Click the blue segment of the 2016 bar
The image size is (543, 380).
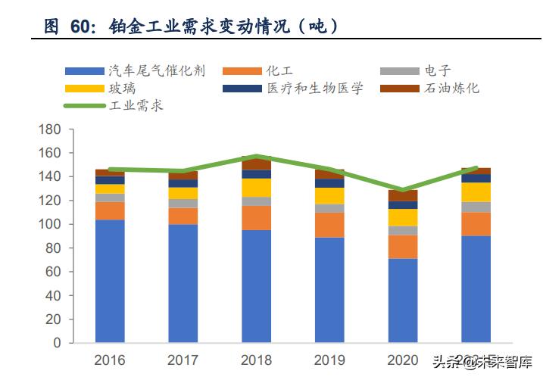(x=110, y=280)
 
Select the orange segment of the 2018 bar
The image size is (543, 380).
(x=257, y=217)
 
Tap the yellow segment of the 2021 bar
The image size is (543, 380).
(x=476, y=192)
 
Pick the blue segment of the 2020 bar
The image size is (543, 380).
(x=403, y=300)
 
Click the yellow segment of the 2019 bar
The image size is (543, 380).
(x=330, y=195)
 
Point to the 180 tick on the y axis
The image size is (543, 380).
(x=49, y=129)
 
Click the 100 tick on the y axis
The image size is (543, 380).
(x=49, y=224)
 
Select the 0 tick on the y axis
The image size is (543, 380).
(x=57, y=342)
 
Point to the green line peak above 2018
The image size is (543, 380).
(x=257, y=157)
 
